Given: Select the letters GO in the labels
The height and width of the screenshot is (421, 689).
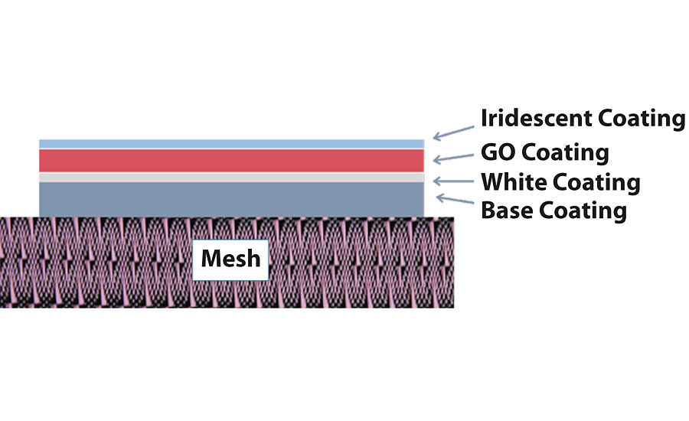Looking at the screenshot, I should (x=498, y=152).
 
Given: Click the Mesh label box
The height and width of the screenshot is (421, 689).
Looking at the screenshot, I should (x=230, y=258).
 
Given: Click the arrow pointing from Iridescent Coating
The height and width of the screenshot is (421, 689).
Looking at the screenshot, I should (x=452, y=132).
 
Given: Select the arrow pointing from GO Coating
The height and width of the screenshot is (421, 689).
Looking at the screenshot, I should (x=452, y=156).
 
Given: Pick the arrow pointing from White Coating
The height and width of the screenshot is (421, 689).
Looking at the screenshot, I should (x=452, y=181).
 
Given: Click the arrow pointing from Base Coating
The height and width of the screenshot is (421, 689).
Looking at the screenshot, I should (x=452, y=201).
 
